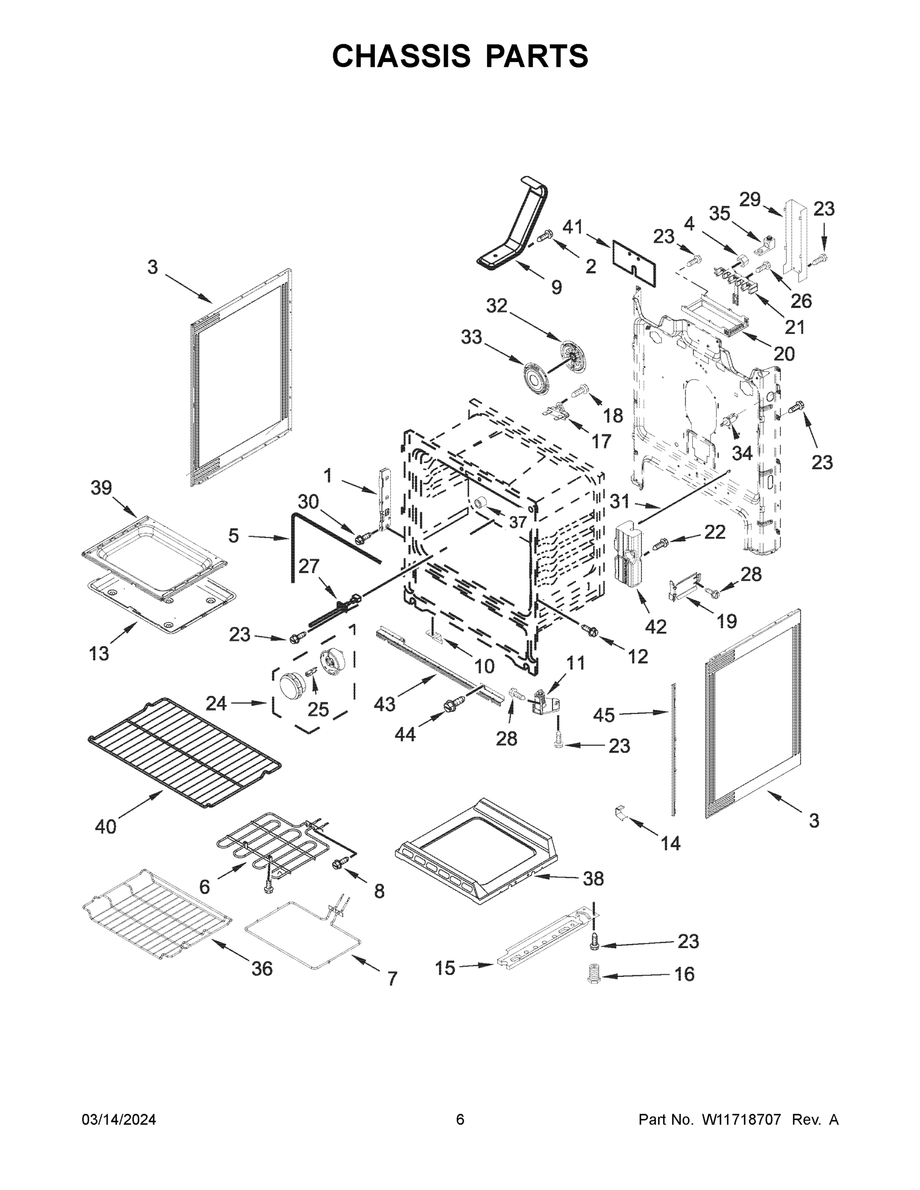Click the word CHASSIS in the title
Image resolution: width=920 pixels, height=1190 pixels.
point(401,56)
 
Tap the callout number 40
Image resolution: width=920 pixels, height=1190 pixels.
point(106,827)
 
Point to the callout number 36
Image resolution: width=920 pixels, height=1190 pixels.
point(261,968)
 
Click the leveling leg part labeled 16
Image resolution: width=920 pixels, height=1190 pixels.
point(594,974)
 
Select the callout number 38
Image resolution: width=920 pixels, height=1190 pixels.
point(594,878)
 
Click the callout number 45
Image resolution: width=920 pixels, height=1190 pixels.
point(604,715)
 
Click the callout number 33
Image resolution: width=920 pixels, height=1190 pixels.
point(472,337)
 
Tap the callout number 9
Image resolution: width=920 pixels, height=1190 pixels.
point(556,287)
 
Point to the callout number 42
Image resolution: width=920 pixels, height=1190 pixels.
point(656,627)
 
